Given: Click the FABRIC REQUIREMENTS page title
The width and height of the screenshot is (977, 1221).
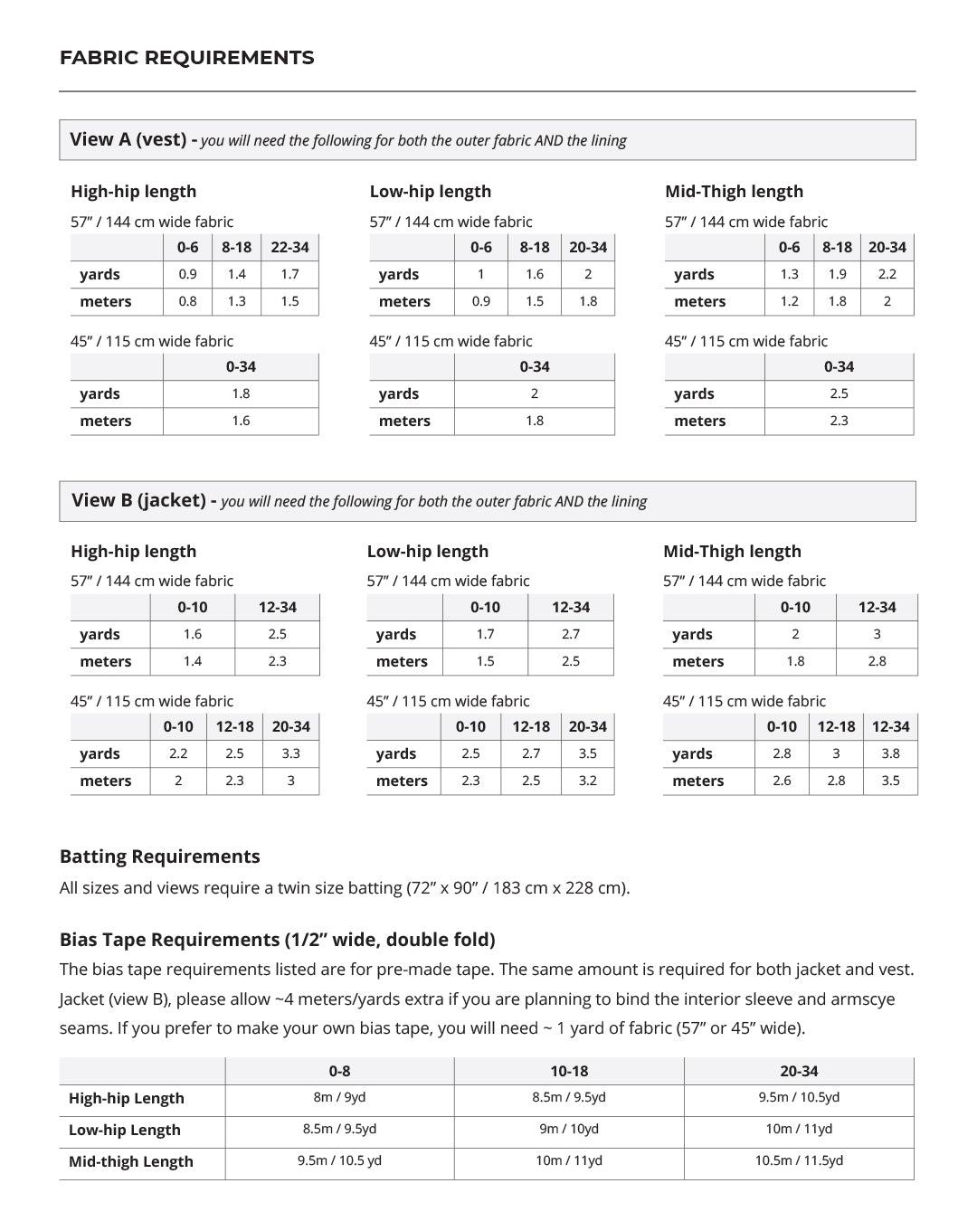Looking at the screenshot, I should pyautogui.click(x=186, y=58).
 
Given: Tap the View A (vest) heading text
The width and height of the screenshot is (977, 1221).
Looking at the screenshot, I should pyautogui.click(x=128, y=139).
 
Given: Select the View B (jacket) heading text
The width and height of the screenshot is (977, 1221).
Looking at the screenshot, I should pyautogui.click(x=138, y=500).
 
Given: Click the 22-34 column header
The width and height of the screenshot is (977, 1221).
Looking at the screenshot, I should pyautogui.click(x=289, y=247).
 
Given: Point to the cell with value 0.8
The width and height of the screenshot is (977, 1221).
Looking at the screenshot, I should pyautogui.click(x=187, y=301).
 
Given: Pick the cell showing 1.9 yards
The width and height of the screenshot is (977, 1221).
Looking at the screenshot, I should pyautogui.click(x=837, y=274).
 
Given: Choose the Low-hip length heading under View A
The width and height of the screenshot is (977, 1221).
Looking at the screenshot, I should pyautogui.click(x=430, y=191).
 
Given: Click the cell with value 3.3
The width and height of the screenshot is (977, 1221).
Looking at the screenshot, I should pyautogui.click(x=290, y=753).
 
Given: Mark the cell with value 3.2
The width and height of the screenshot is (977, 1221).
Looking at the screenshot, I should pyautogui.click(x=587, y=781).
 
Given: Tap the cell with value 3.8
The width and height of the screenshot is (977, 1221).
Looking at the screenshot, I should pyautogui.click(x=890, y=753).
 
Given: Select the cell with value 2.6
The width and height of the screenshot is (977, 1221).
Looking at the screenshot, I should pyautogui.click(x=782, y=781).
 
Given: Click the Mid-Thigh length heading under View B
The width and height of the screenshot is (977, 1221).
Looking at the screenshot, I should pyautogui.click(x=732, y=551).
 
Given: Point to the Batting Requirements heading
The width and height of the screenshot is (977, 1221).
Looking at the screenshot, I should pyautogui.click(x=159, y=857).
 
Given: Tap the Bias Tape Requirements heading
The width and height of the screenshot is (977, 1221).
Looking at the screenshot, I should pyautogui.click(x=277, y=939).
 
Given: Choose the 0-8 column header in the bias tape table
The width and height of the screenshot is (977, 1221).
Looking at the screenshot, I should pyautogui.click(x=339, y=1071).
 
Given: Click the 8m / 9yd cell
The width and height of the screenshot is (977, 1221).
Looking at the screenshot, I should pyautogui.click(x=339, y=1097).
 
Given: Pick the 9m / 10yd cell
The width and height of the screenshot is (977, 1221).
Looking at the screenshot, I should pyautogui.click(x=569, y=1129).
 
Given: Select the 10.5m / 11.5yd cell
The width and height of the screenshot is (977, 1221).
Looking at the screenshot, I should pyautogui.click(x=799, y=1160).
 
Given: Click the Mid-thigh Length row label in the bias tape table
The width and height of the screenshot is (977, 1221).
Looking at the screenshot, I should pyautogui.click(x=131, y=1161).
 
